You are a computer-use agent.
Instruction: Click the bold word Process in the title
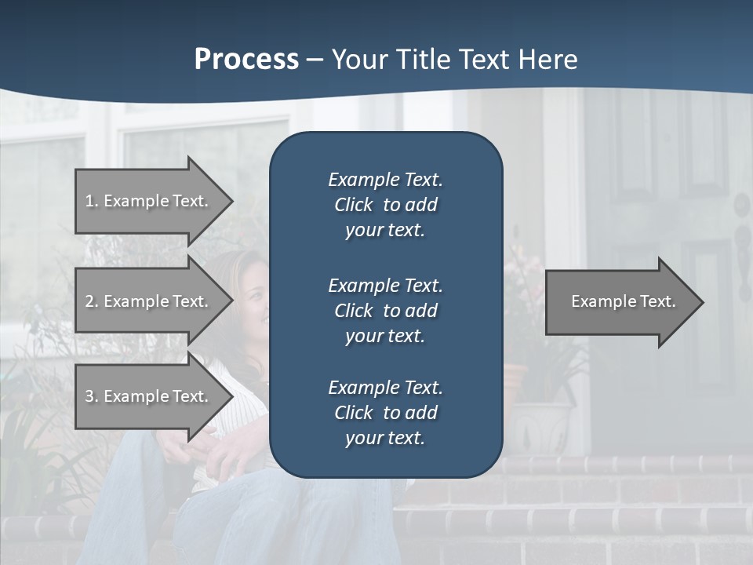coord(246,60)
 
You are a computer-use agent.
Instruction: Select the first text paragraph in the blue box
coord(385,205)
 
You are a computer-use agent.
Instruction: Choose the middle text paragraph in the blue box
coord(385,311)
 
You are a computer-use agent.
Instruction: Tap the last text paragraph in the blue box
coord(385,413)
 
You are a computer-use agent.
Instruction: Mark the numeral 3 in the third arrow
coord(89,396)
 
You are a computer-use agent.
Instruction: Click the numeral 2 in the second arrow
coord(89,301)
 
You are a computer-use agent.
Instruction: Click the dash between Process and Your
coord(315,60)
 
